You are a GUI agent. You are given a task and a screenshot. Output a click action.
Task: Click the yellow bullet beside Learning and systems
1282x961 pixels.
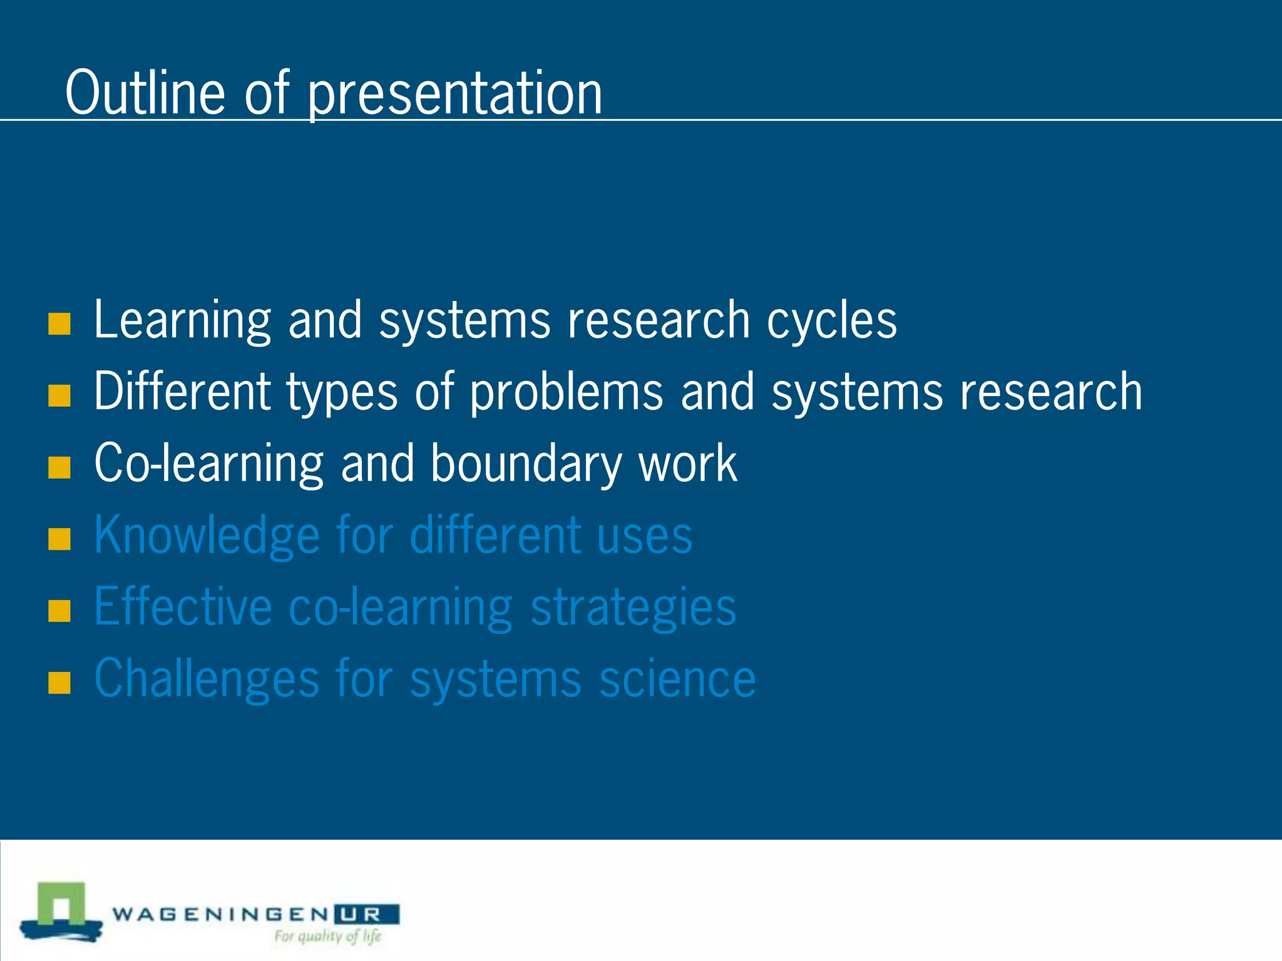tap(59, 324)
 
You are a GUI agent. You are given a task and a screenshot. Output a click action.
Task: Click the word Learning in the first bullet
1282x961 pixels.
tap(182, 320)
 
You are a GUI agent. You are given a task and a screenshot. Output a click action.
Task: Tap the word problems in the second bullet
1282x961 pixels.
tap(566, 392)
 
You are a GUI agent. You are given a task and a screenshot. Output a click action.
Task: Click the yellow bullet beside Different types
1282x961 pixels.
tap(59, 395)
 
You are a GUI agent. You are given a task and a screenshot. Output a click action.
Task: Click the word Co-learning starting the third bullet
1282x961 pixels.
tap(208, 464)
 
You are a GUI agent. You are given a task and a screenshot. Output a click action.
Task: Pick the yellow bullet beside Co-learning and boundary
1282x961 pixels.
tap(59, 467)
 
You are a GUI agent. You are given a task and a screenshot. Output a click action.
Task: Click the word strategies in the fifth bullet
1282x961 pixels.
tap(633, 608)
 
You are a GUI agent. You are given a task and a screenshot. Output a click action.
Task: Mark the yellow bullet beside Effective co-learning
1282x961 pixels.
tap(59, 611)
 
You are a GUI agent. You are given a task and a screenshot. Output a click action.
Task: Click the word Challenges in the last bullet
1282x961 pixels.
tap(207, 679)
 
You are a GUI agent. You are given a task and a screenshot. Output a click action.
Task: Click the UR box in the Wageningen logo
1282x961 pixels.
tap(367, 915)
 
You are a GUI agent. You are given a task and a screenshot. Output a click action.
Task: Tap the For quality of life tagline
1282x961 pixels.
tap(327, 937)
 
